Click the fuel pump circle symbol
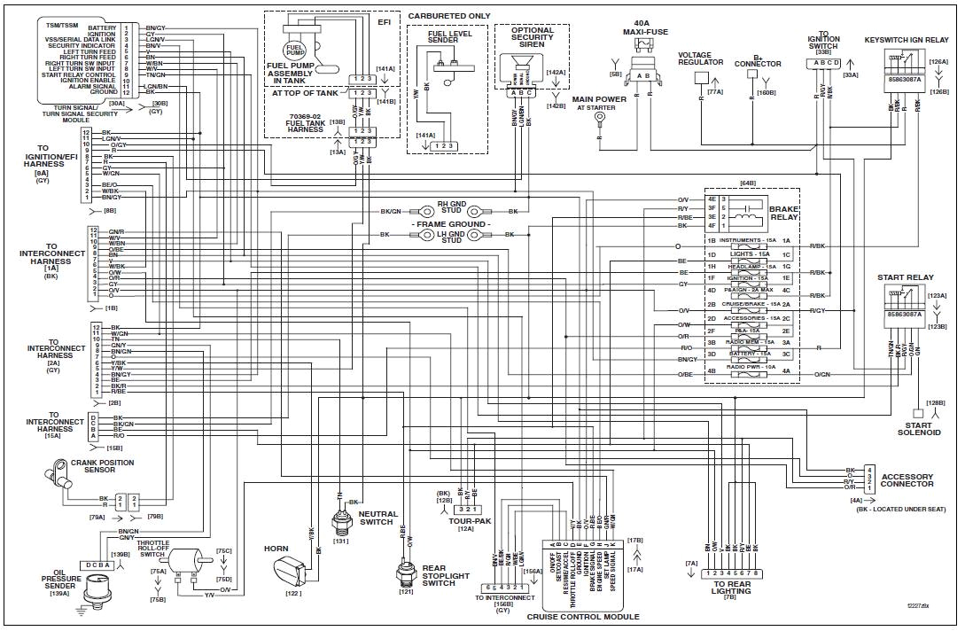click(x=293, y=51)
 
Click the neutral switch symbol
click(x=339, y=522)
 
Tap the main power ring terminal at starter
click(x=600, y=116)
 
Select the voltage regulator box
click(x=700, y=77)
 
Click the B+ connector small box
click(x=752, y=77)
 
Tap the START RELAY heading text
click(x=905, y=277)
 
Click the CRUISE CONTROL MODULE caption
click(x=582, y=616)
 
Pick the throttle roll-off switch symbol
click(x=187, y=561)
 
